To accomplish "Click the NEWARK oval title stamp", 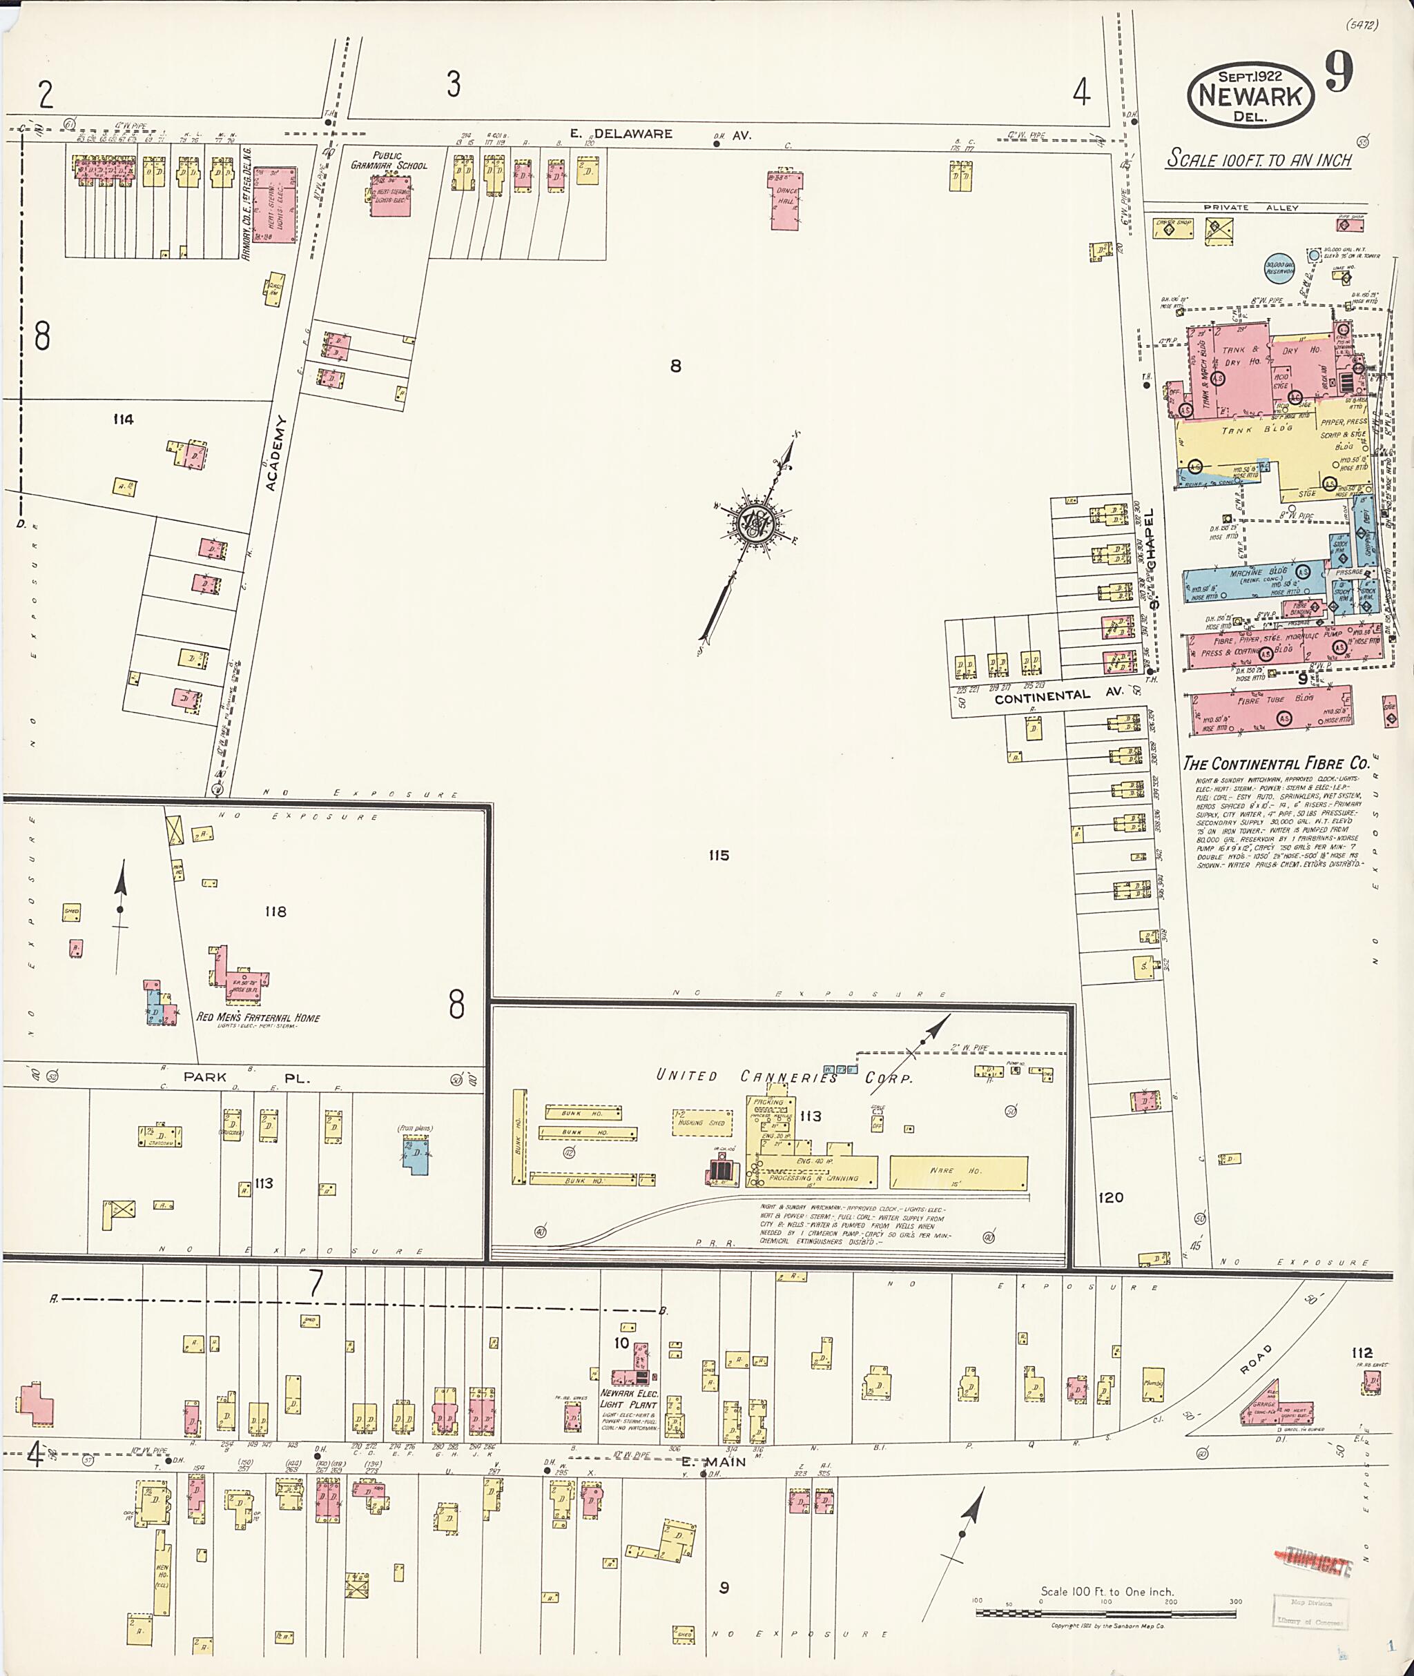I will point(1250,95).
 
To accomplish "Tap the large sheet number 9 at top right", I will point(1339,72).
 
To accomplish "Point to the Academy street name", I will point(273,453).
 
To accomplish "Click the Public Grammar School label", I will point(389,160).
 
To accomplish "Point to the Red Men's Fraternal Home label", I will point(258,1018).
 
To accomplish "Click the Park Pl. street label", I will point(244,1078).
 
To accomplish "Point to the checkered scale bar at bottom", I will point(1106,1612).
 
